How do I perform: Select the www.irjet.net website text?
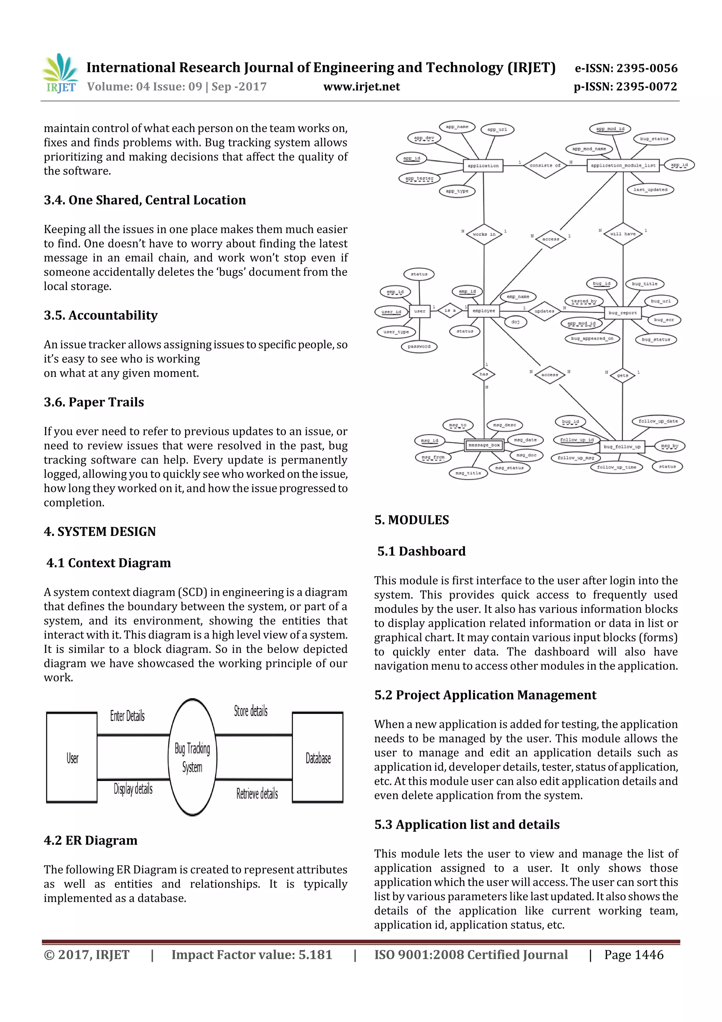point(361,87)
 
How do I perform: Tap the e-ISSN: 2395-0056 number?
point(626,68)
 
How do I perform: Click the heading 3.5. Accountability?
point(100,315)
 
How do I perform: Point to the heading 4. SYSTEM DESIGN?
point(100,532)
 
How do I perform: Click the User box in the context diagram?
point(72,758)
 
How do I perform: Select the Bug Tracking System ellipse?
point(192,757)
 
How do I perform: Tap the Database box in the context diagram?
point(318,758)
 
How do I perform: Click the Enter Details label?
point(127,716)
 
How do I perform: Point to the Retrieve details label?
point(257,793)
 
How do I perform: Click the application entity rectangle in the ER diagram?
point(483,165)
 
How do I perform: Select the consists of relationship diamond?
point(545,165)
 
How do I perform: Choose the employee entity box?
point(484,311)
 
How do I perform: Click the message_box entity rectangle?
point(484,445)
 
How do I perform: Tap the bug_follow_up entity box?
point(622,447)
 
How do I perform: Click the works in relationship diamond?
point(484,234)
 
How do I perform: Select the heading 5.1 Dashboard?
point(421,551)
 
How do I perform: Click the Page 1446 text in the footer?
point(634,955)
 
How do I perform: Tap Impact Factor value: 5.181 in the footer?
point(252,955)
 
